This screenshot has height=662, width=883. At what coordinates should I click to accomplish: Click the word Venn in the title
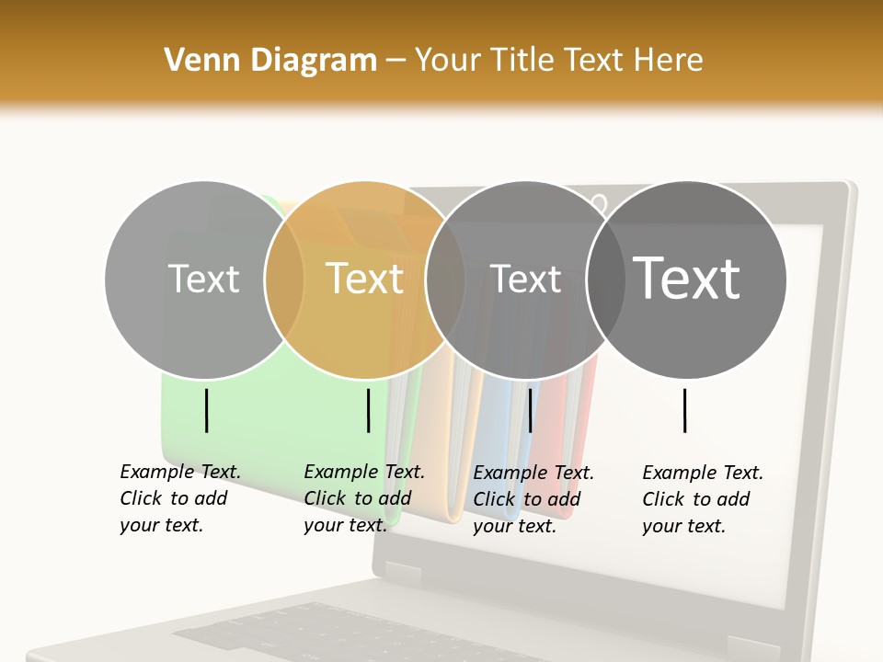pos(195,60)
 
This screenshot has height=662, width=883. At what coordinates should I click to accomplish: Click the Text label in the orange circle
pos(364,278)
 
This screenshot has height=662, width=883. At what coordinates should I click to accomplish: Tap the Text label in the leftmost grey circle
pos(203,279)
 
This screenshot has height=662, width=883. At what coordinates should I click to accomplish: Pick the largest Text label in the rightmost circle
pos(686,278)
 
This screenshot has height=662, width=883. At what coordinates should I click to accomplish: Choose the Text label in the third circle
pos(525,279)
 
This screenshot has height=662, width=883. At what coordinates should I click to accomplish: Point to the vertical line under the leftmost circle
pos(206,410)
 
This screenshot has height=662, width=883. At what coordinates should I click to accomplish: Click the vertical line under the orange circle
pos(368,410)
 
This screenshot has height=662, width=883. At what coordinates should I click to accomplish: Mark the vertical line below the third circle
pos(530,410)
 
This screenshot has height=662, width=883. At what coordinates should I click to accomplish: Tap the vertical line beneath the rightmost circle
pos(685,410)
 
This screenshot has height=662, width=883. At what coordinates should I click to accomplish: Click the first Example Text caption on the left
pos(180,497)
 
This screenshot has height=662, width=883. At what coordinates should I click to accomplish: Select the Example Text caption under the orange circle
pos(364,497)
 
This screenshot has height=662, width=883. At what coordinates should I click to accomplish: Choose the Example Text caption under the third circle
pos(533,498)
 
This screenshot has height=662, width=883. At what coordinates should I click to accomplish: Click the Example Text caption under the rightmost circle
pos(703,498)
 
